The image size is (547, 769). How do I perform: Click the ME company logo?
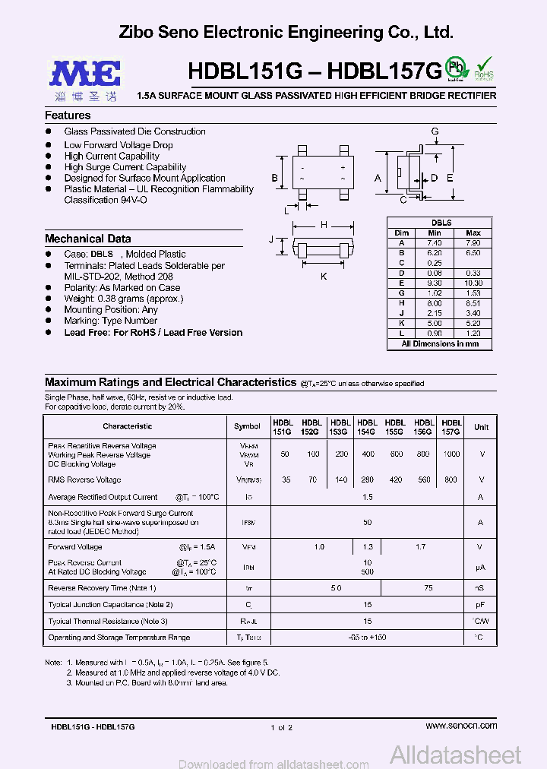(x=85, y=73)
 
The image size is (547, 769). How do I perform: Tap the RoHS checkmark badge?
(x=484, y=68)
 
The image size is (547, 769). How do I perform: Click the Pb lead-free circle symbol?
(x=456, y=66)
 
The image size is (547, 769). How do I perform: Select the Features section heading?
(x=68, y=116)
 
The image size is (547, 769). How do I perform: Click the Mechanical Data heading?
(x=87, y=239)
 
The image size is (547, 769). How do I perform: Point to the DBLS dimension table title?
(x=441, y=223)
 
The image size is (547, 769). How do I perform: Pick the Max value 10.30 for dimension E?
(x=473, y=283)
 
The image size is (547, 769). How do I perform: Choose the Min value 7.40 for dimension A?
(x=435, y=242)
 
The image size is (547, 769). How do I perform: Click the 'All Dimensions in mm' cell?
(x=440, y=343)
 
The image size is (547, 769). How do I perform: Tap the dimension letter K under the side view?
(x=323, y=277)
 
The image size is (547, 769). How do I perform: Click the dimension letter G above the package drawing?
(x=435, y=131)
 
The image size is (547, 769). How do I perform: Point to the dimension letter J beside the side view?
(x=271, y=239)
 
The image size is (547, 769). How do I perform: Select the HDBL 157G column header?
(x=451, y=426)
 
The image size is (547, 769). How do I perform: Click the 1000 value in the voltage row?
(x=451, y=454)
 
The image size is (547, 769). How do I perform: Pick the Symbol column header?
(x=247, y=426)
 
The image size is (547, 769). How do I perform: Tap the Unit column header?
(x=481, y=426)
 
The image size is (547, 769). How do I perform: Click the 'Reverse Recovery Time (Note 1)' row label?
(x=102, y=588)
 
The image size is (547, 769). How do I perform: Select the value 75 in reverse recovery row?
(x=428, y=588)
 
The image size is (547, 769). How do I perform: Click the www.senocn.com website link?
(x=461, y=726)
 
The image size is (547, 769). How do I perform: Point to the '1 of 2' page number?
(x=280, y=727)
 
